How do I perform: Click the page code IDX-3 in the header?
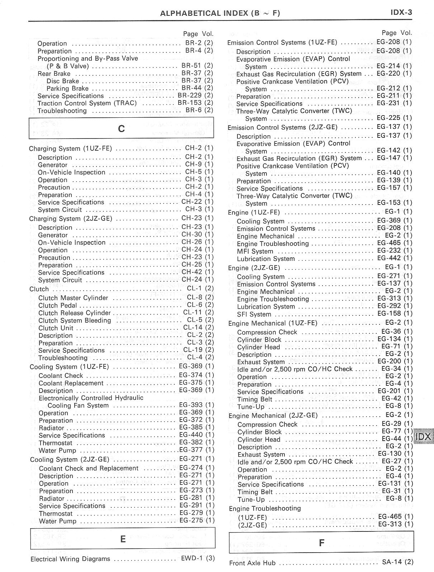(401, 13)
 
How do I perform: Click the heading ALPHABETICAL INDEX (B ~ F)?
(220, 14)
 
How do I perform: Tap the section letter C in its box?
(121, 128)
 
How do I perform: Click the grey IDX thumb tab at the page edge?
(424, 437)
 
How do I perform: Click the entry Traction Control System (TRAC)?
(87, 103)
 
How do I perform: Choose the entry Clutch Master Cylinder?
(73, 298)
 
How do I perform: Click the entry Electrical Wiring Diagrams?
(70, 559)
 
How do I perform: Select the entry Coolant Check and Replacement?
(89, 468)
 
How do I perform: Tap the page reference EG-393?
(191, 405)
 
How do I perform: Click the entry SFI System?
(254, 314)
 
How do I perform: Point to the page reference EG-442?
(389, 258)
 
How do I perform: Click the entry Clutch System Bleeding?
(75, 320)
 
